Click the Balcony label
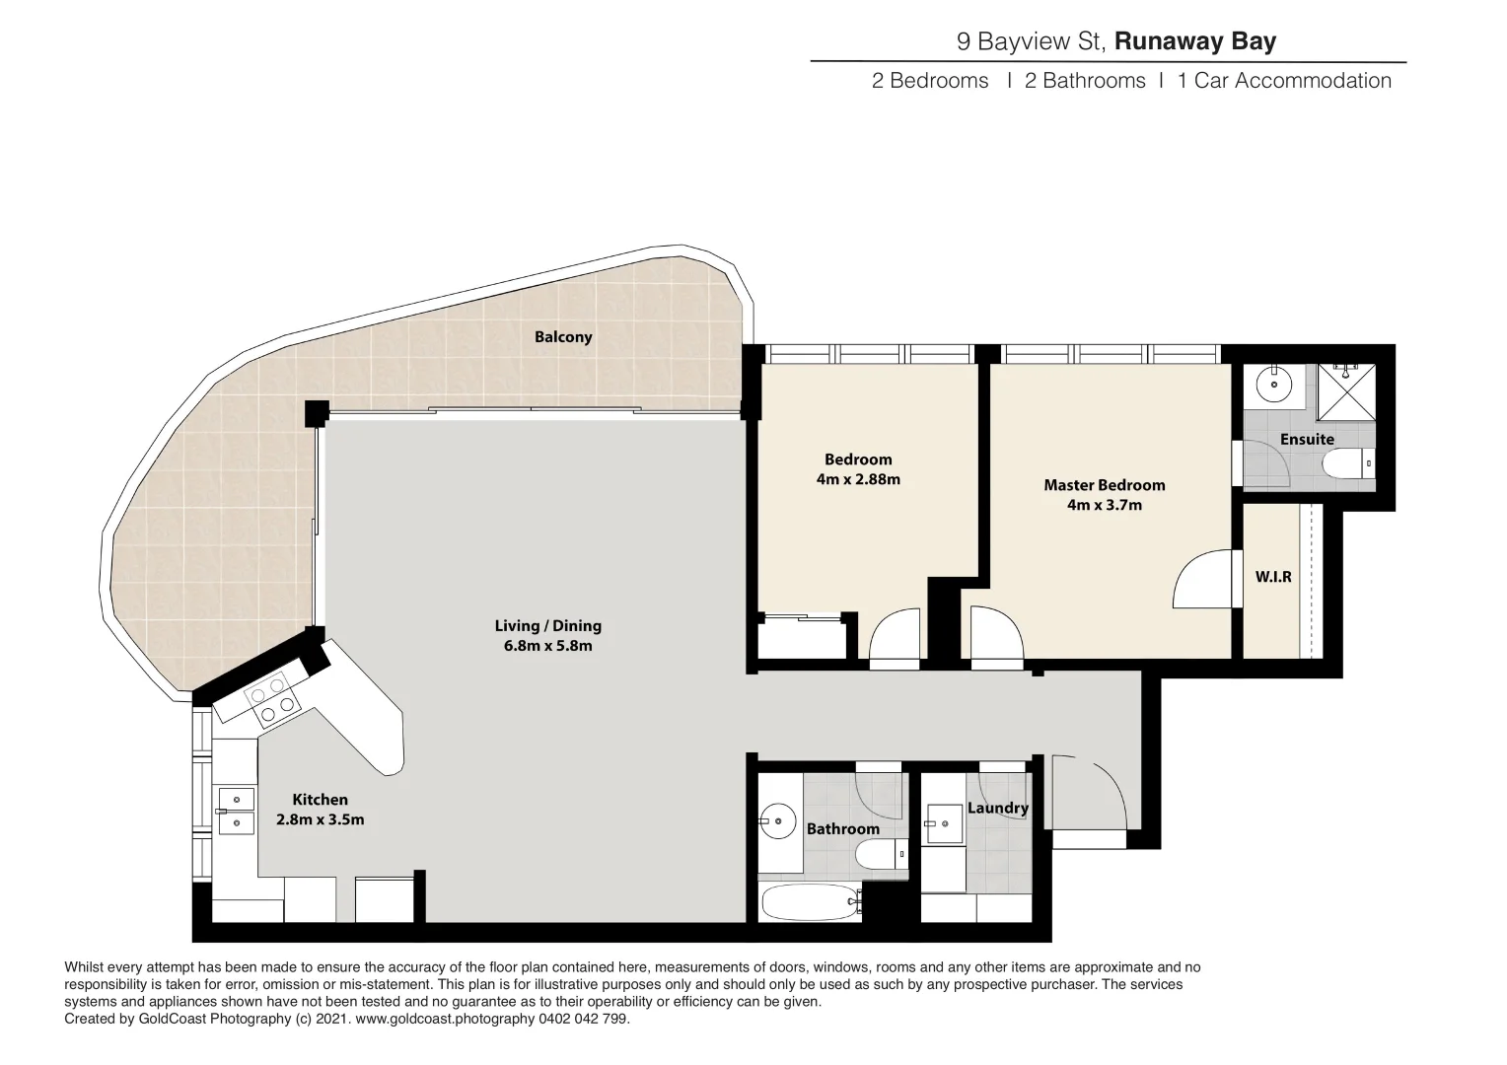(563, 337)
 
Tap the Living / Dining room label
(547, 626)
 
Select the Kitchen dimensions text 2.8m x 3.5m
(320, 819)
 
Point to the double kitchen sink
(236, 810)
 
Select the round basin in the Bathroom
(779, 819)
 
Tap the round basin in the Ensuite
(1274, 385)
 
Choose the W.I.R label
(1272, 577)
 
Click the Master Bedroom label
(1104, 485)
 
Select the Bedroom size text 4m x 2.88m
(858, 480)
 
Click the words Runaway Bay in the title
(1194, 41)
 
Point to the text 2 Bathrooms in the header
(1085, 81)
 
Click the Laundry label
(997, 808)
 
